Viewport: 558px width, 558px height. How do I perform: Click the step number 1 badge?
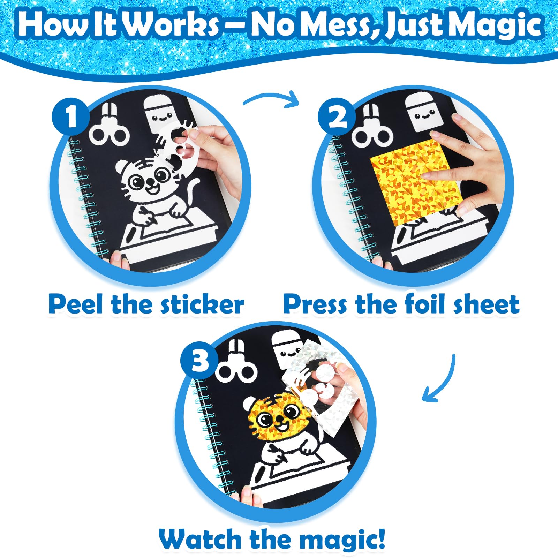click(x=71, y=116)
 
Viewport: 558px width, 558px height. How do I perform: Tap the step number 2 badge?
click(x=337, y=116)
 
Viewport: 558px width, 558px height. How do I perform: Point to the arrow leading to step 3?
click(x=442, y=380)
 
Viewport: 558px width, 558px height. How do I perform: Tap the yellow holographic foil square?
click(x=416, y=181)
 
